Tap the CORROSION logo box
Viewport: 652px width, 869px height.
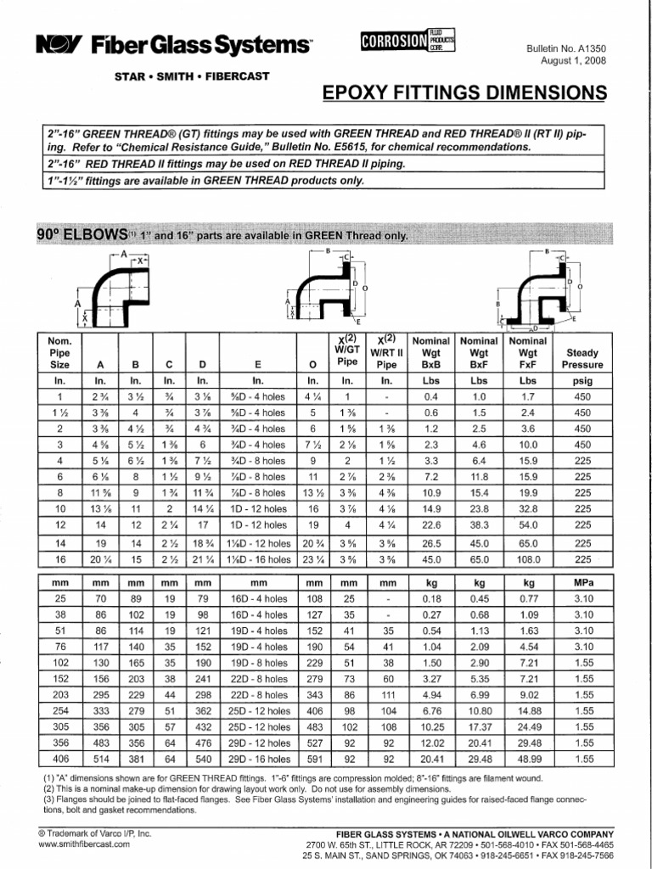pos(406,41)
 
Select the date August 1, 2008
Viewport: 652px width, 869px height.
pos(574,62)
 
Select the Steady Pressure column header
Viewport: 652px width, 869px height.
pos(582,359)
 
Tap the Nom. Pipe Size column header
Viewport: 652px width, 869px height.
pos(60,352)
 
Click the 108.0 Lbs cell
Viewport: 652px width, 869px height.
pos(530,560)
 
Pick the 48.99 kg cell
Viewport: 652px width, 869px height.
pos(530,759)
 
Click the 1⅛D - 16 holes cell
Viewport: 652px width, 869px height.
pos(258,560)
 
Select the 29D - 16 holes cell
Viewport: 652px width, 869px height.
pos(258,759)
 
